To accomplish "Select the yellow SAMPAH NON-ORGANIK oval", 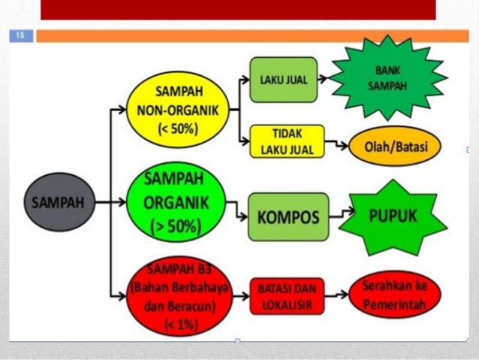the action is (x=177, y=110).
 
